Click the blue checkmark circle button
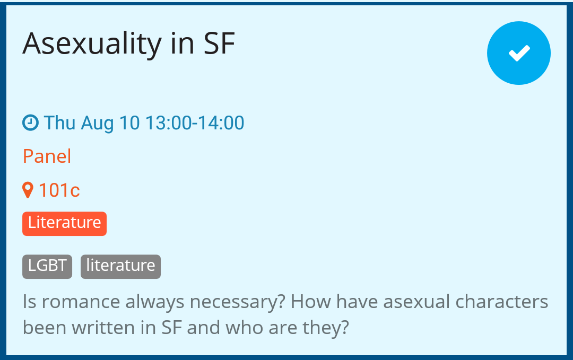[x=518, y=53]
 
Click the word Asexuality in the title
[x=92, y=45]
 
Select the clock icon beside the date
[x=30, y=122]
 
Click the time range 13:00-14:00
[x=195, y=122]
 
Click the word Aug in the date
[x=97, y=124]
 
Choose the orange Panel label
[x=47, y=156]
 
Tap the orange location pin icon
[x=28, y=190]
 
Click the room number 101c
[x=59, y=190]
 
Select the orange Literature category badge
[x=64, y=223]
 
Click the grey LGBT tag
[x=47, y=267]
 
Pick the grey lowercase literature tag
[x=120, y=267]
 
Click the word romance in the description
[x=81, y=302]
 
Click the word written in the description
[x=103, y=328]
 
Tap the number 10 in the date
[x=129, y=122]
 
